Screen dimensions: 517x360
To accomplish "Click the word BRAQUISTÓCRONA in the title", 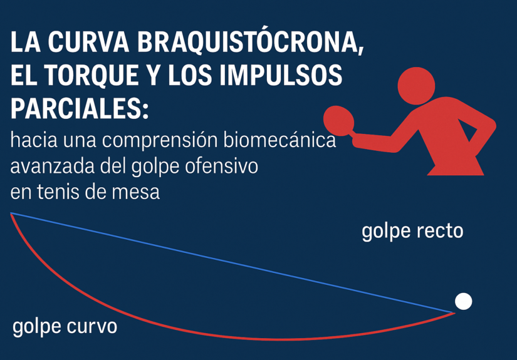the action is pyautogui.click(x=251, y=41).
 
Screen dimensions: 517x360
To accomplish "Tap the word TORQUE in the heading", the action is pyautogui.click(x=92, y=75).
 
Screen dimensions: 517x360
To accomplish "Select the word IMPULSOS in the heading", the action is pyautogui.click(x=281, y=75).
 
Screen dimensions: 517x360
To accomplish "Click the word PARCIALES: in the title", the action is pyautogui.click(x=80, y=108).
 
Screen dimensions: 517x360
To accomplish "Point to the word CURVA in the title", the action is pyautogui.click(x=89, y=42).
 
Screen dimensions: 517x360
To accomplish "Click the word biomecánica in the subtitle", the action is pyautogui.click(x=279, y=140).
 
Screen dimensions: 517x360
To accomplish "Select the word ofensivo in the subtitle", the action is pyautogui.click(x=221, y=166).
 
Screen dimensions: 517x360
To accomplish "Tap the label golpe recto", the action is pyautogui.click(x=412, y=231).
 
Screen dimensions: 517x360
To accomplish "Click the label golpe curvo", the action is pyautogui.click(x=65, y=327).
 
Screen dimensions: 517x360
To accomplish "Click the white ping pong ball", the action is pyautogui.click(x=464, y=301).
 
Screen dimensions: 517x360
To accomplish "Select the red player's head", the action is pyautogui.click(x=417, y=86).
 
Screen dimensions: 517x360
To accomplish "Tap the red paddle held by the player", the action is pyautogui.click(x=339, y=121).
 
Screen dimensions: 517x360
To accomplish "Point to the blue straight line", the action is pyautogui.click(x=232, y=263).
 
